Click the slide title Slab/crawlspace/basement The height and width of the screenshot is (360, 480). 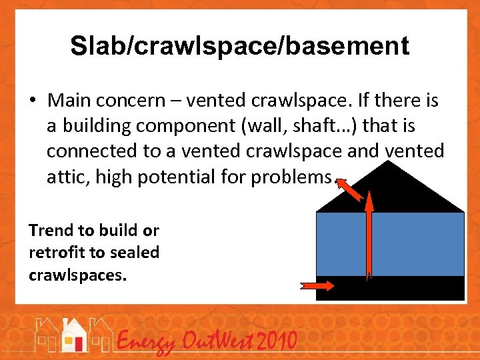coord(239,46)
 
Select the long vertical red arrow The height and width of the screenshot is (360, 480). coord(369,233)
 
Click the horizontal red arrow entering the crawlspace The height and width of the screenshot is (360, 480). coord(318,285)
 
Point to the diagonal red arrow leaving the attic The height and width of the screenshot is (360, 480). coord(350,189)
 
